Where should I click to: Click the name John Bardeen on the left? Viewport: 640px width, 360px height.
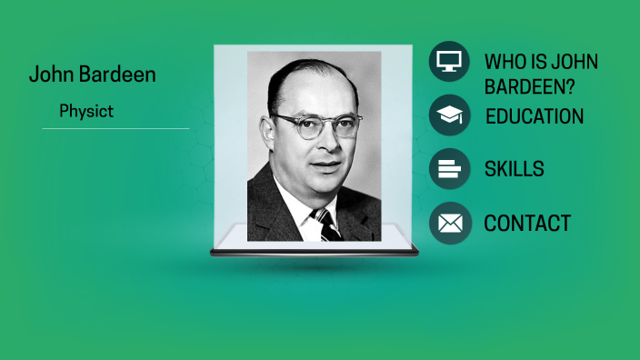(92, 75)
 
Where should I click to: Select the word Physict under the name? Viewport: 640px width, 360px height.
(85, 112)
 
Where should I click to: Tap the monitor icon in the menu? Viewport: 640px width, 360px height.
(449, 62)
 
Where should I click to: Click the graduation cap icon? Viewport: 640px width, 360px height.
(449, 115)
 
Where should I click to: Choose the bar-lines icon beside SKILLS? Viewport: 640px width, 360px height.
(449, 168)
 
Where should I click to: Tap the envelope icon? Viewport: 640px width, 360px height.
(449, 223)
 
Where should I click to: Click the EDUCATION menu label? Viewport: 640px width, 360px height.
(535, 116)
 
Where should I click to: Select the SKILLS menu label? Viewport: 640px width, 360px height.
(514, 169)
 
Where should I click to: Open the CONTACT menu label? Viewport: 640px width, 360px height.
(527, 224)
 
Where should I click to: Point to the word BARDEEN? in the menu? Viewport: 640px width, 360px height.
(525, 87)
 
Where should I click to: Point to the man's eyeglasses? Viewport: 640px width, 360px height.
(317, 124)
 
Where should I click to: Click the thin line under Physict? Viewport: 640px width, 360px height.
(115, 129)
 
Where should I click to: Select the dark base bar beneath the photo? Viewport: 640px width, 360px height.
(314, 253)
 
